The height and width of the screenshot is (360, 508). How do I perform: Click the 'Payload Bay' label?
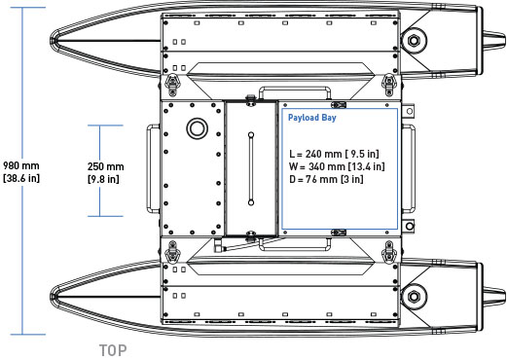(312, 118)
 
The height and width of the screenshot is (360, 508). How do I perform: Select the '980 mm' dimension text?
(21, 165)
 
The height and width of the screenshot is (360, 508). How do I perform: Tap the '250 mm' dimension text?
(105, 166)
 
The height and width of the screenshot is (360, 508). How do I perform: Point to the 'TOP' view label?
(113, 350)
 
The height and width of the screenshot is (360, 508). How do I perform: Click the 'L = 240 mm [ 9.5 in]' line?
(334, 154)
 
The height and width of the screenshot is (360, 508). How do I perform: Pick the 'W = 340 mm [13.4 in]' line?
(337, 166)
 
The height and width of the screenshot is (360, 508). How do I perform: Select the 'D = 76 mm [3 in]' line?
(326, 179)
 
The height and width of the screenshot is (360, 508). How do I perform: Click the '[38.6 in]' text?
(21, 178)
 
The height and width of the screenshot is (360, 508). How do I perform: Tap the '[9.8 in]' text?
(103, 179)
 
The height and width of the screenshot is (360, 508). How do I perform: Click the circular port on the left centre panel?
(197, 128)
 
